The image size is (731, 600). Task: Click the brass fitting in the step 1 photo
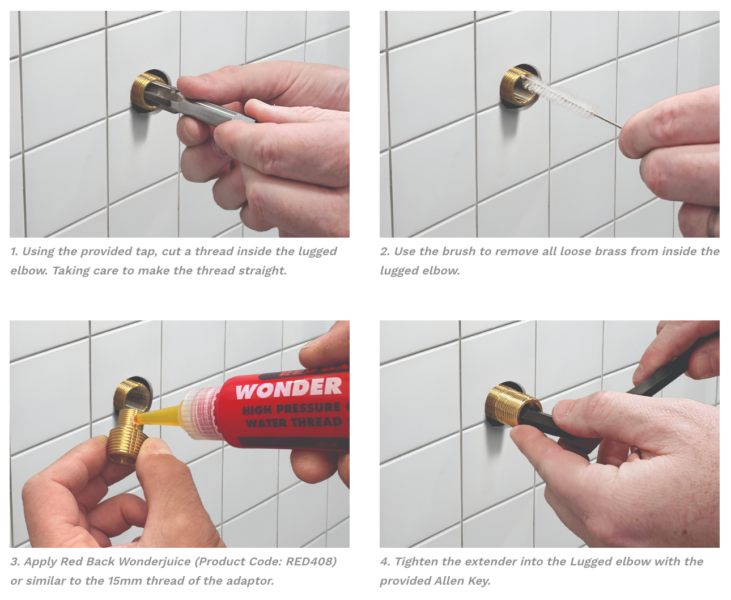click(x=145, y=91)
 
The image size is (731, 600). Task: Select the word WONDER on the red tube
click(x=288, y=388)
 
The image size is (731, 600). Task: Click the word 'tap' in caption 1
click(x=145, y=251)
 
